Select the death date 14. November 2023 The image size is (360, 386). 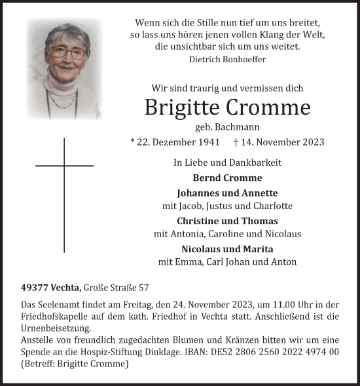pyautogui.click(x=283, y=142)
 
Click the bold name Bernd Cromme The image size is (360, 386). pyautogui.click(x=227, y=178)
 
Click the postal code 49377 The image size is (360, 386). pyautogui.click(x=33, y=287)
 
